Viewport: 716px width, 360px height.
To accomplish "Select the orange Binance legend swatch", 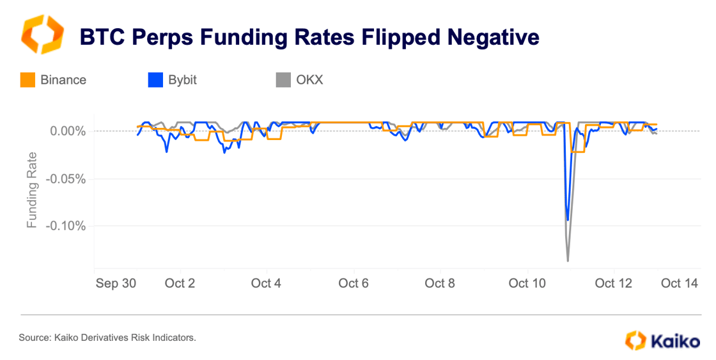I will (28, 80).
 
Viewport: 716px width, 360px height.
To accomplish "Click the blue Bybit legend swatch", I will (155, 80).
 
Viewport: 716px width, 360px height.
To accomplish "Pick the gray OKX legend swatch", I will (283, 80).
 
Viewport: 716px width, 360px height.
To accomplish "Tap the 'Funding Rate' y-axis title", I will (31, 190).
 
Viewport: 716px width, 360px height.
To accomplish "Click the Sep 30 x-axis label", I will (116, 283).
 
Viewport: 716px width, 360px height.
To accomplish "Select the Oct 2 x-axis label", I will (180, 283).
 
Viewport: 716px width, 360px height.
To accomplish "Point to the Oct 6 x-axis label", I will (354, 283).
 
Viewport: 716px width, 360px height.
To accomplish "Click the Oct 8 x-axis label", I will (440, 283).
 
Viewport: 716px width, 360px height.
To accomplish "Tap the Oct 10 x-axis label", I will (527, 283).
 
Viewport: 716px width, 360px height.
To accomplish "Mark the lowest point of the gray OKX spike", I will (568, 261).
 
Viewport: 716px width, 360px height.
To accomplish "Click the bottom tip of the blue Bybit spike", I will (568, 220).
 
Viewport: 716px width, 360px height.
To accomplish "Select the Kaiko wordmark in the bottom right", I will (675, 341).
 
